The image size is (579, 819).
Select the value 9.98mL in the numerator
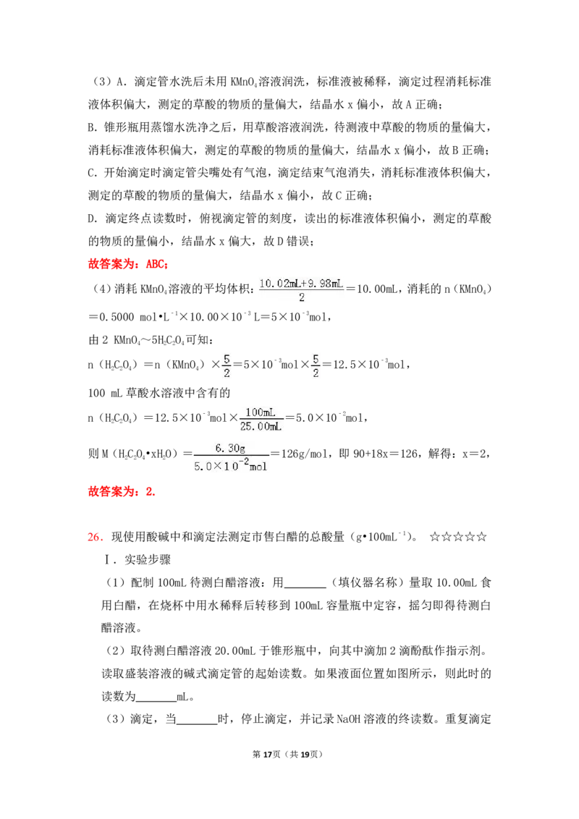pyautogui.click(x=326, y=283)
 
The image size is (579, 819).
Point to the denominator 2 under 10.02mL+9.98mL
pyautogui.click(x=301, y=298)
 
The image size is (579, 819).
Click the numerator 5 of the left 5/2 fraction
pyautogui.click(x=227, y=359)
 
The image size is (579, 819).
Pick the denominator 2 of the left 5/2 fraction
pyautogui.click(x=227, y=373)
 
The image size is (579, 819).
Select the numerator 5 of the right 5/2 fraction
pyautogui.click(x=316, y=359)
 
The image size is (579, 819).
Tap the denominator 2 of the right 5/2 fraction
pyautogui.click(x=316, y=373)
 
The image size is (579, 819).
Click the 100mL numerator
pyautogui.click(x=261, y=412)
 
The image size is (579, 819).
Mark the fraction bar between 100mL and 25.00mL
pyautogui.click(x=262, y=419)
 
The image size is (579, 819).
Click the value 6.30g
pyautogui.click(x=230, y=449)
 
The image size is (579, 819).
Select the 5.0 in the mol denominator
pyautogui.click(x=202, y=467)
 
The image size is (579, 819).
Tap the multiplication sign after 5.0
pyautogui.click(x=216, y=467)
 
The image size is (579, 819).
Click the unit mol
pyautogui.click(x=258, y=467)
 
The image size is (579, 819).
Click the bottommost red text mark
pyautogui.click(x=95, y=538)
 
